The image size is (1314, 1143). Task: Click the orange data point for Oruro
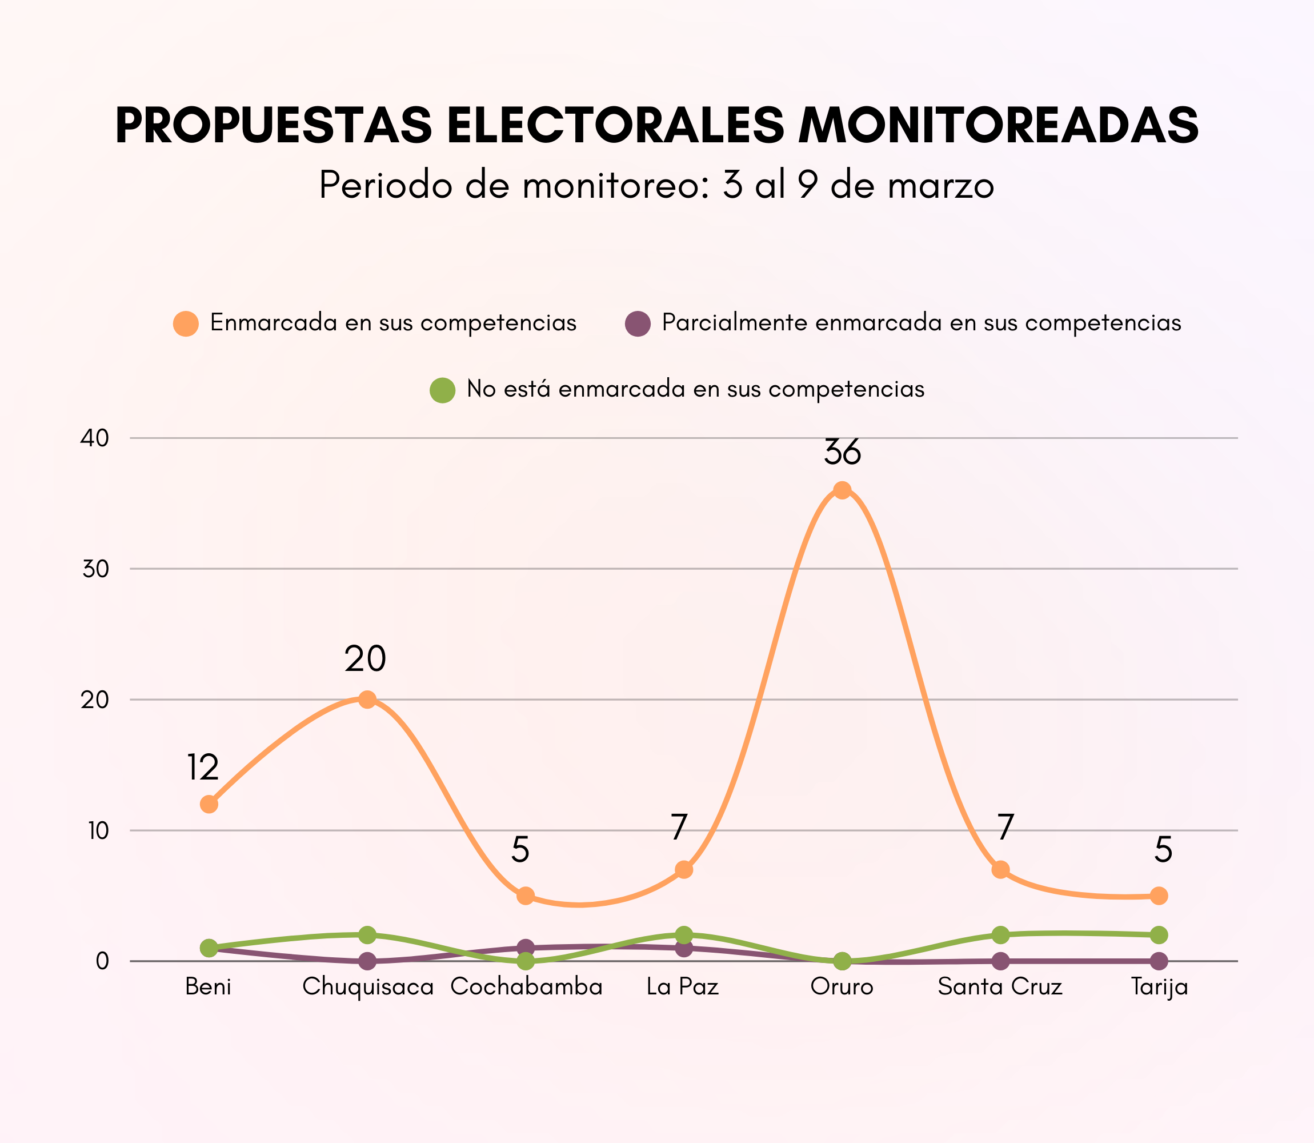pos(842,490)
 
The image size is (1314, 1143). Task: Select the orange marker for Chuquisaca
pos(367,700)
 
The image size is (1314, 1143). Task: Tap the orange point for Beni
pos(209,804)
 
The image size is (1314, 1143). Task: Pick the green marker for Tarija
pos(1159,935)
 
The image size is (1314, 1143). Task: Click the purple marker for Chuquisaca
pos(367,961)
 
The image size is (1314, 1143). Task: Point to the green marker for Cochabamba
pos(526,961)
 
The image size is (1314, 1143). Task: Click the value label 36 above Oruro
pos(842,452)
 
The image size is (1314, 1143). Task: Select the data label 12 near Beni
pos(203,768)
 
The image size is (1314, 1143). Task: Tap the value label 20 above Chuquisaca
pos(365,659)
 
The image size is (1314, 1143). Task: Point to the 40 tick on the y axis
pos(94,438)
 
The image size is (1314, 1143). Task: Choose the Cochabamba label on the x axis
pos(526,988)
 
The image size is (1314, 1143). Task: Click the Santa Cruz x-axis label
pos(1000,988)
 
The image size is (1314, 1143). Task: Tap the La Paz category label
pos(682,988)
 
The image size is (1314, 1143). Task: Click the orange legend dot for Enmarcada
pos(186,323)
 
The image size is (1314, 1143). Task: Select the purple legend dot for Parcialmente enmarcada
pos(638,323)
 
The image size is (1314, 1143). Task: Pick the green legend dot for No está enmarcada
pos(442,390)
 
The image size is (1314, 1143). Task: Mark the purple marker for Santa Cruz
pos(1001,961)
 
